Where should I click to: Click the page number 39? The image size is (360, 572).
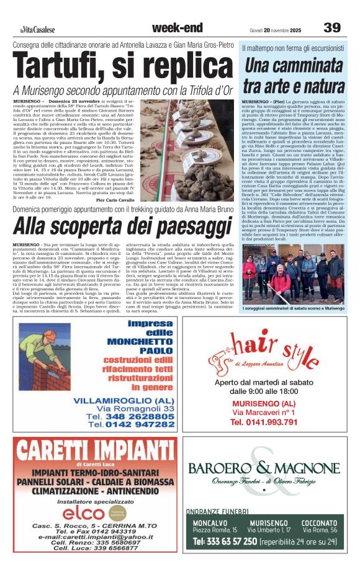click(x=332, y=27)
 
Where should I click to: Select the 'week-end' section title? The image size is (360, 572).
click(x=177, y=27)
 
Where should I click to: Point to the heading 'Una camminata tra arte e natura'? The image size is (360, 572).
click(x=294, y=74)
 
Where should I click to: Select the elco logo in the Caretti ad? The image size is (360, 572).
click(x=84, y=512)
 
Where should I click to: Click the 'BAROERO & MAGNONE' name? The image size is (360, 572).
click(x=264, y=468)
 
